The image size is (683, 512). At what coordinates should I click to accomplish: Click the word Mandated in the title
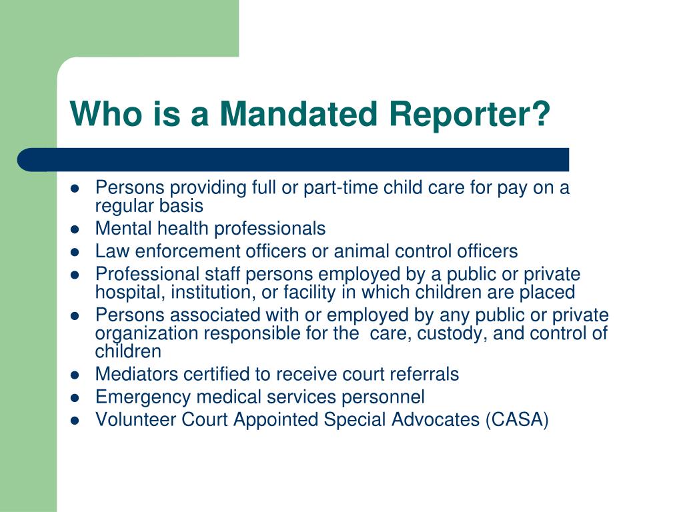tap(298, 114)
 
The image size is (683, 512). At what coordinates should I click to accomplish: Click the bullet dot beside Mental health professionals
tap(75, 229)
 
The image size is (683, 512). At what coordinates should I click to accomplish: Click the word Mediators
tap(137, 374)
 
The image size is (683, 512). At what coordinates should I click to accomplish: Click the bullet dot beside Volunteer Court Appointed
tap(75, 421)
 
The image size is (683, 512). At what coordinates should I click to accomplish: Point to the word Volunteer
tap(135, 420)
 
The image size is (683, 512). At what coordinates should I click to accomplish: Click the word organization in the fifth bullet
tap(147, 333)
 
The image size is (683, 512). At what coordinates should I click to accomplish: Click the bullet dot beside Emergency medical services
tap(75, 398)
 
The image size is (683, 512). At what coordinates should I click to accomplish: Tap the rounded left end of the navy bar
tap(18, 160)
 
